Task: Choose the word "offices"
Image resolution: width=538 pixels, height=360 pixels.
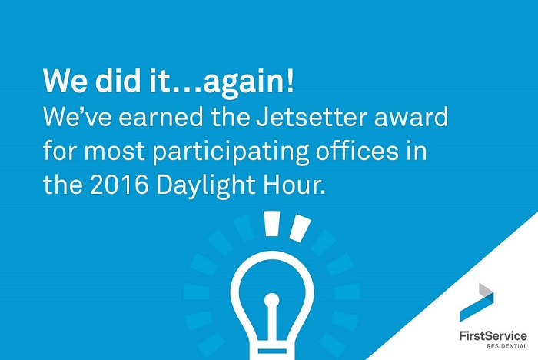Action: pyautogui.click(x=357, y=150)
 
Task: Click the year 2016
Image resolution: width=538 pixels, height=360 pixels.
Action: pyautogui.click(x=119, y=185)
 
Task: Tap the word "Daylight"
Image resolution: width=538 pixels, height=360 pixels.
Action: pyautogui.click(x=205, y=186)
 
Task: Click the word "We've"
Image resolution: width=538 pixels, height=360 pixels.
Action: pyautogui.click(x=77, y=116)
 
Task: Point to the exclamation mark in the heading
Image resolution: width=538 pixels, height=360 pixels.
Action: pyautogui.click(x=291, y=81)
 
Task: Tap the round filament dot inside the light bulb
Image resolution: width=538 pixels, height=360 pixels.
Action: pyautogui.click(x=272, y=300)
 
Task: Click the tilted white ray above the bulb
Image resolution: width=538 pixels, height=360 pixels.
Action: pyautogui.click(x=300, y=228)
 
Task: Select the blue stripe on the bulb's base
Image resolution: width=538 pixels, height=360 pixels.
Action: pyautogui.click(x=272, y=351)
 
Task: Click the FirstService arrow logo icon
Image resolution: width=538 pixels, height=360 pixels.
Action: pyautogui.click(x=477, y=302)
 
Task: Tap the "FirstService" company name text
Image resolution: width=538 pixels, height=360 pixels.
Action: pyautogui.click(x=493, y=335)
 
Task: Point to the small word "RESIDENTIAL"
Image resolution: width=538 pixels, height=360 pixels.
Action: pyautogui.click(x=506, y=346)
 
